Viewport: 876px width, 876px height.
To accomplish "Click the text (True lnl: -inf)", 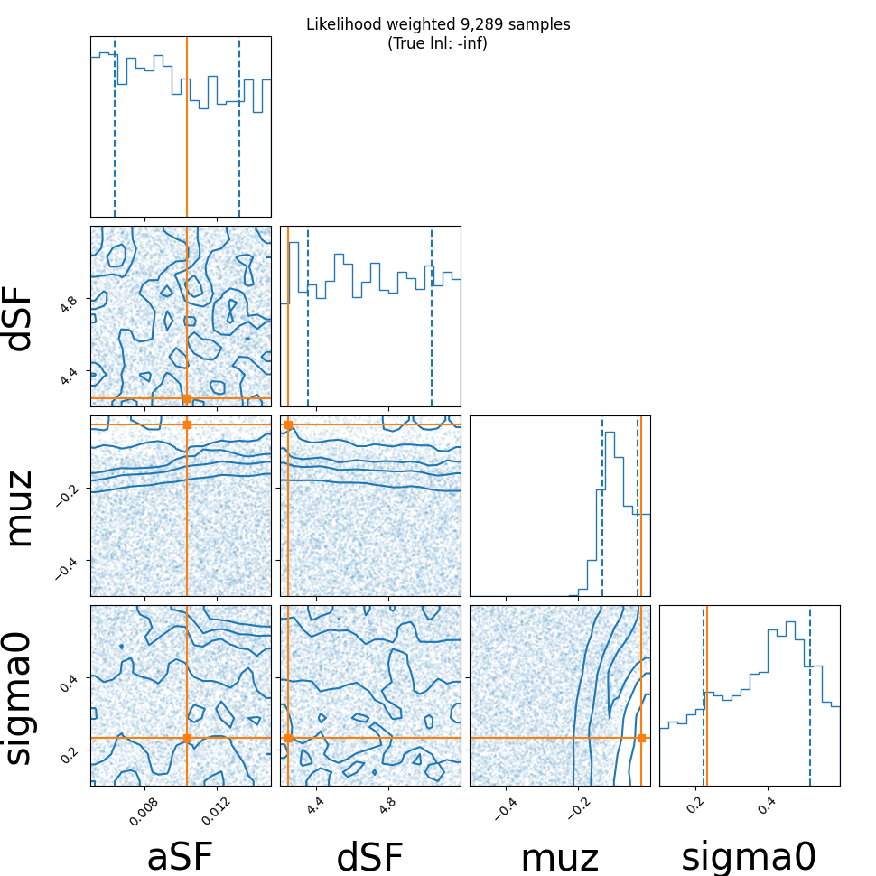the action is pyautogui.click(x=437, y=43).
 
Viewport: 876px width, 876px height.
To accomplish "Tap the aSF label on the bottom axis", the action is pyautogui.click(x=180, y=856).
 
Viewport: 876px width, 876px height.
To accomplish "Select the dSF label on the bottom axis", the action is pyautogui.click(x=370, y=856).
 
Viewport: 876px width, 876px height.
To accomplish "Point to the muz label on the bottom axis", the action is pyautogui.click(x=560, y=858).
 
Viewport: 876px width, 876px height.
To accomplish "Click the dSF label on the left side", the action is pyautogui.click(x=20, y=319).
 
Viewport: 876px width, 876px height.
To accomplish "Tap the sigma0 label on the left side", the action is pyautogui.click(x=20, y=698).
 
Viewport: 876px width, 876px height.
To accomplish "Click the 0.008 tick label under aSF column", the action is pyautogui.click(x=144, y=811).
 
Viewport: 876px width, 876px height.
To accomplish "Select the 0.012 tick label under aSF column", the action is pyautogui.click(x=216, y=811).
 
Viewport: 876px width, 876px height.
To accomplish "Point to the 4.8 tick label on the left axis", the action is pyautogui.click(x=68, y=304).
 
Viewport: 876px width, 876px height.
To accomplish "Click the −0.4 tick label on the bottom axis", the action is pyautogui.click(x=505, y=808).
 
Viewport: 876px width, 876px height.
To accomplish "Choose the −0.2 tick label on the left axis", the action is pyautogui.click(x=66, y=495).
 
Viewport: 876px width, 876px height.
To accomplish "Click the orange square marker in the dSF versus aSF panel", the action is pyautogui.click(x=187, y=398).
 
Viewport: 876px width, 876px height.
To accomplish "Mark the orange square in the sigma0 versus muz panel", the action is pyautogui.click(x=641, y=738).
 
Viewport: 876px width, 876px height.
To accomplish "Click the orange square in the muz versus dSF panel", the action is pyautogui.click(x=288, y=424).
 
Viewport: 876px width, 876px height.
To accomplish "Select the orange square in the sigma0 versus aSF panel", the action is pyautogui.click(x=187, y=738).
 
